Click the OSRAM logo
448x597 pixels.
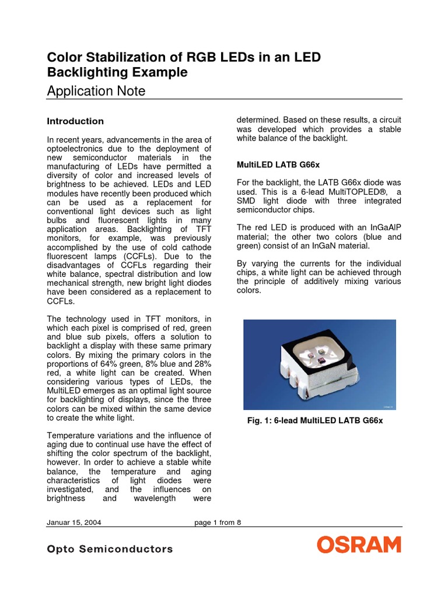coord(359,545)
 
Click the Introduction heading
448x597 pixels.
coord(75,121)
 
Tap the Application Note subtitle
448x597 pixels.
coord(96,91)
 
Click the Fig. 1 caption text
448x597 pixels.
coord(315,420)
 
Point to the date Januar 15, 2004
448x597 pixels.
coord(74,522)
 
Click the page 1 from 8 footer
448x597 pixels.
coord(218,522)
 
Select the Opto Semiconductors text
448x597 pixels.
coord(110,549)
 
